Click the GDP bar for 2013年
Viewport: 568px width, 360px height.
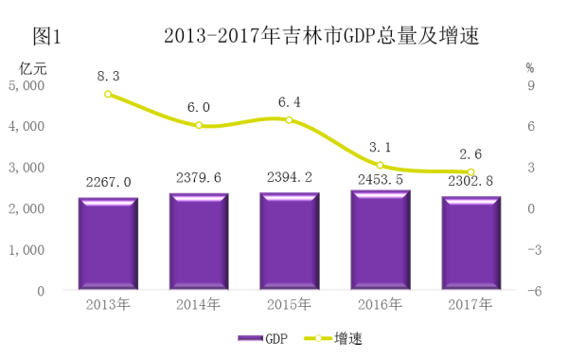(x=108, y=243)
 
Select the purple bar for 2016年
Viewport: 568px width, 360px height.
(x=381, y=240)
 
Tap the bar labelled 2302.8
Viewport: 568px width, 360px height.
(x=470, y=243)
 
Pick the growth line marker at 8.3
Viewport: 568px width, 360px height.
(x=108, y=94)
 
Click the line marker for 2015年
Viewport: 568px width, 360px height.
(x=289, y=120)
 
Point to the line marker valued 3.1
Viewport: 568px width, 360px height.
(x=380, y=166)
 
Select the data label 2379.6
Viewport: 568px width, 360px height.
(x=199, y=178)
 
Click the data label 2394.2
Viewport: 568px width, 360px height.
(x=290, y=177)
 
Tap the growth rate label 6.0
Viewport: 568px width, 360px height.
(x=199, y=107)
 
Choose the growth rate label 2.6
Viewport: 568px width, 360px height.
(x=470, y=154)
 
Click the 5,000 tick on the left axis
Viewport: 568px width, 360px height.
(x=27, y=86)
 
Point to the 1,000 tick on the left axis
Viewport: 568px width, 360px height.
(x=27, y=250)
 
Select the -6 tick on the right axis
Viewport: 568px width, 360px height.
(x=534, y=291)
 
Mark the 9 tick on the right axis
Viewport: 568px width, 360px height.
(x=531, y=85)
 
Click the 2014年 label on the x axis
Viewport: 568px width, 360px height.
(x=198, y=304)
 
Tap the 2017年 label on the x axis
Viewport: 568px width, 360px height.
(x=470, y=304)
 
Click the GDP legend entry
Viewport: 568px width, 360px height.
(x=263, y=338)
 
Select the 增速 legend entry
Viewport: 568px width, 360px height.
(x=333, y=338)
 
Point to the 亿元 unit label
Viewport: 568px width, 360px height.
(x=33, y=68)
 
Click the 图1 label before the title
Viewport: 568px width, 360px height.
(x=46, y=36)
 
